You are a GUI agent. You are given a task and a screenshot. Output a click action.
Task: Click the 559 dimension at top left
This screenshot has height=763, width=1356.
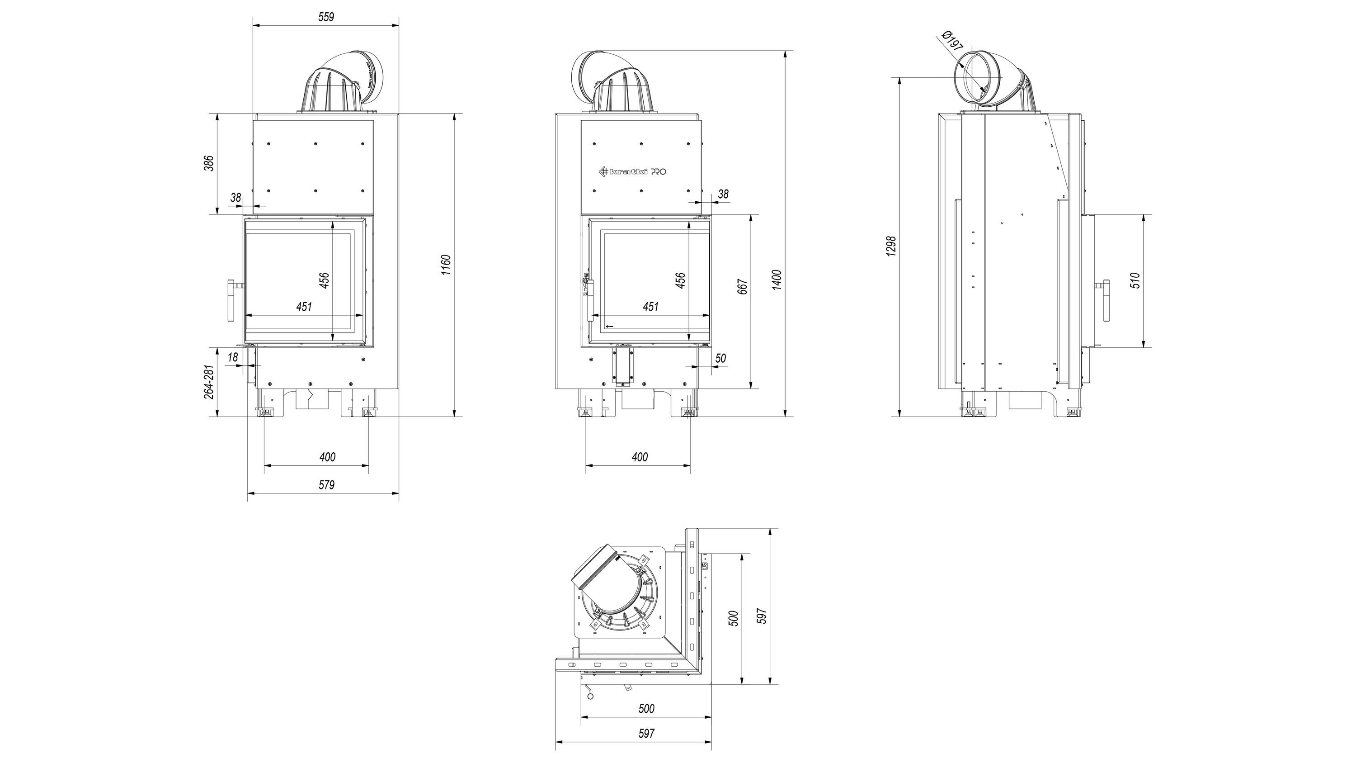326,17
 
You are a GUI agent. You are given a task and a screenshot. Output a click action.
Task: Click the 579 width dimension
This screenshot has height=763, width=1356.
326,485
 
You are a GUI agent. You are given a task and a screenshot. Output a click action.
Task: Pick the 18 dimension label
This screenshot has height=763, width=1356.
233,357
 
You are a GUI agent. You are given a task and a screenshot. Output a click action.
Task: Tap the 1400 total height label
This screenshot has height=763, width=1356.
777,280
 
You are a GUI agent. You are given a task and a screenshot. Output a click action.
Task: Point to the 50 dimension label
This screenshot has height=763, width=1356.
720,358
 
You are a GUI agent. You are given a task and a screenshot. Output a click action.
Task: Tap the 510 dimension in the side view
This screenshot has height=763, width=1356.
1135,280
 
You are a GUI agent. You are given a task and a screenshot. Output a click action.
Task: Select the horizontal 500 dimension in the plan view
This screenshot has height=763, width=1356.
646,709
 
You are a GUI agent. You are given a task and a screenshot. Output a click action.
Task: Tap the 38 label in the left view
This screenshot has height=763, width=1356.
235,198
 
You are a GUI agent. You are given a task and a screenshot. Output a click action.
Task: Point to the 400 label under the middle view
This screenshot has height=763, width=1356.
640,457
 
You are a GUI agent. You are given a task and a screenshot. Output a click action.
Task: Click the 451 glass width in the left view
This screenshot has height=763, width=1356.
304,307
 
